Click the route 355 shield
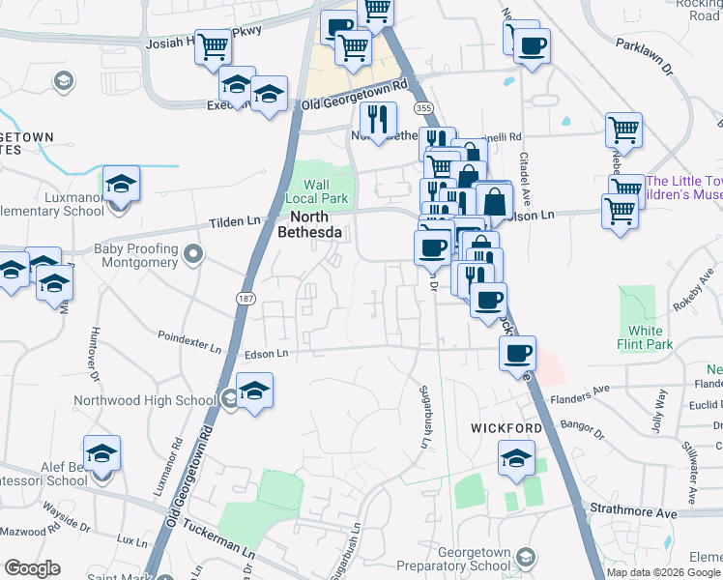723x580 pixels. (x=422, y=107)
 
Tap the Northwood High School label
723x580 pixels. (x=142, y=400)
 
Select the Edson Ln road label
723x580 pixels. (x=268, y=354)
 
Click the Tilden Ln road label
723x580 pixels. (x=236, y=222)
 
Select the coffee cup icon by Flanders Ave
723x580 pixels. (x=518, y=353)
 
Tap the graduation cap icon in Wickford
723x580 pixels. (x=517, y=457)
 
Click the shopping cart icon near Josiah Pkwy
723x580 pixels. (x=214, y=46)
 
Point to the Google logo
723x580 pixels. (x=32, y=568)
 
